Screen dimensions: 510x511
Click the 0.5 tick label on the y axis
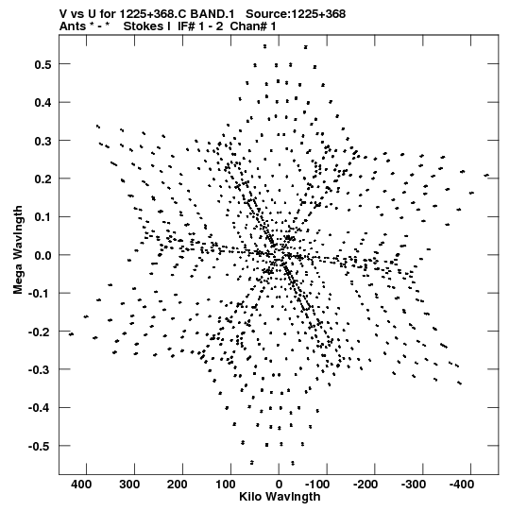[42, 64]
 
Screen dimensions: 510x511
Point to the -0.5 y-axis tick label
[40, 446]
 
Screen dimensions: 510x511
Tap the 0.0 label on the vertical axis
[42, 255]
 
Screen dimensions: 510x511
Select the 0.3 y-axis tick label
[42, 141]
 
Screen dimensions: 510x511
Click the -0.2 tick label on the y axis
[40, 332]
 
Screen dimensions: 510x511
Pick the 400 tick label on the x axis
[81, 485]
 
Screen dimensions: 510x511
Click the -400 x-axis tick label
[462, 485]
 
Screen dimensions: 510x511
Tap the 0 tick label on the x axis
[279, 485]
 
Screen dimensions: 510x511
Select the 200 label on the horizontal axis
[178, 485]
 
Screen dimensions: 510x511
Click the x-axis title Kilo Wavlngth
[280, 497]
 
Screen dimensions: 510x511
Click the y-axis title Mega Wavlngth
[18, 250]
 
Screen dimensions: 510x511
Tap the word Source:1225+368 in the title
[296, 14]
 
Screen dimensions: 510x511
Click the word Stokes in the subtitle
[146, 26]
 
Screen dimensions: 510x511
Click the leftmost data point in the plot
[71, 334]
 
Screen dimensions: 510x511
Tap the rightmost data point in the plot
[486, 176]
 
